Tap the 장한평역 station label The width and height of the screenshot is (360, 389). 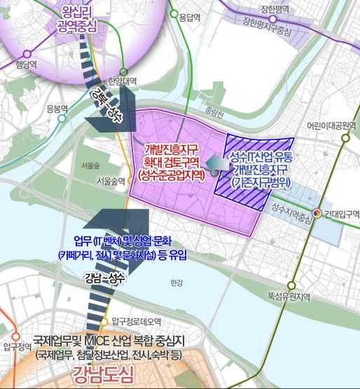[x=273, y=9]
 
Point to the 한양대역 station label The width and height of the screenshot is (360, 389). [x=123, y=81]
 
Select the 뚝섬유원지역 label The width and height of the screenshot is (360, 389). [x=289, y=296]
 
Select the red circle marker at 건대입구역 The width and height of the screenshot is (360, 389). [x=317, y=213]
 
